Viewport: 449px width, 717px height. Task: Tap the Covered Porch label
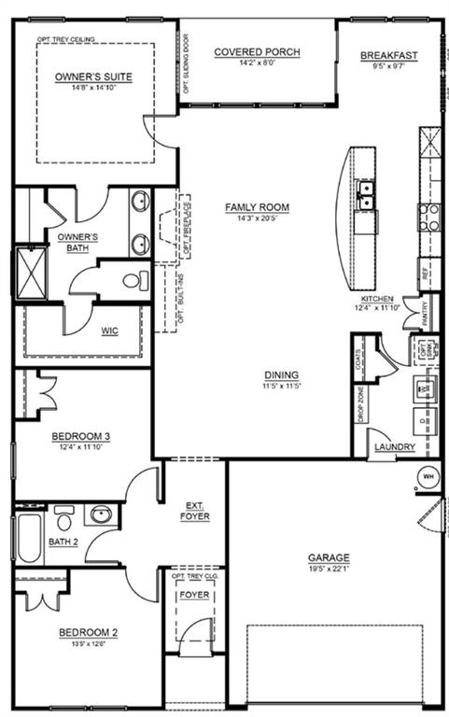pos(257,53)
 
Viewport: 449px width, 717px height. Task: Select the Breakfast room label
pos(388,56)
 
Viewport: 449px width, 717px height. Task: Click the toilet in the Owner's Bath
pos(132,281)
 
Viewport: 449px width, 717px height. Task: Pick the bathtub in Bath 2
pos(29,539)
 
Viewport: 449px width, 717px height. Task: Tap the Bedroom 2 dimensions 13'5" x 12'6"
pos(88,643)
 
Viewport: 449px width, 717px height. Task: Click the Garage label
pos(327,558)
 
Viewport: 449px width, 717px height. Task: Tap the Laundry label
pos(394,448)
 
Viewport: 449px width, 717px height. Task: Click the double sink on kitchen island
pos(366,193)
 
